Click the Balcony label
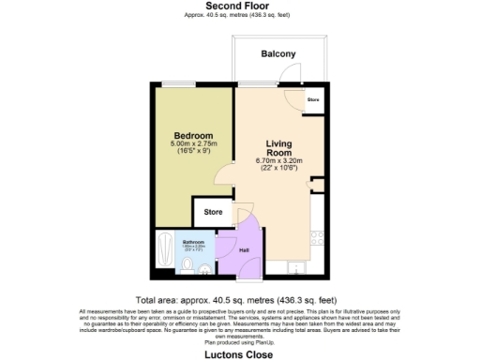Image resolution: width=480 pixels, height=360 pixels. tap(277, 54)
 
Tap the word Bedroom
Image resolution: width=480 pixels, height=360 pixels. tap(193, 134)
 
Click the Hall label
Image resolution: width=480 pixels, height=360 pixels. tap(244, 250)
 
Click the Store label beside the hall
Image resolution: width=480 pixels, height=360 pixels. tap(213, 213)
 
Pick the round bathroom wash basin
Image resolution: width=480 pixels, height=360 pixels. tap(203, 266)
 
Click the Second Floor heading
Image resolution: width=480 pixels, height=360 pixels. tap(239, 6)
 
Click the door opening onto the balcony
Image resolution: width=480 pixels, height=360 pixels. tap(292, 97)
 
